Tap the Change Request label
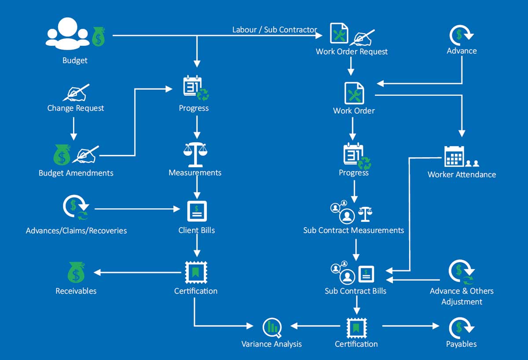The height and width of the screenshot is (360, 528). point(76,108)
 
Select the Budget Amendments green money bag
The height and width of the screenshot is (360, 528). point(62,155)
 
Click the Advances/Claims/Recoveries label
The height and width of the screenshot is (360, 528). point(76,230)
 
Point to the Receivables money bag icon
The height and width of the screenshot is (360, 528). point(76,272)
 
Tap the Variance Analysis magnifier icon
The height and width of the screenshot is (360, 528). point(272,327)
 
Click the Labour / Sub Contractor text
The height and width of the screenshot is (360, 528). point(275,30)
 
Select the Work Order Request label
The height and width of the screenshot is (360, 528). point(352,51)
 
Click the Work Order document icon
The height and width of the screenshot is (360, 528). point(354,93)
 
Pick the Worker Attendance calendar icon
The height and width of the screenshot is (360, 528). point(454,156)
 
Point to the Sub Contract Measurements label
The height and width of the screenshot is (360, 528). point(353,230)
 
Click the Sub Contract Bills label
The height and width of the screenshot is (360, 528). point(356,291)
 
